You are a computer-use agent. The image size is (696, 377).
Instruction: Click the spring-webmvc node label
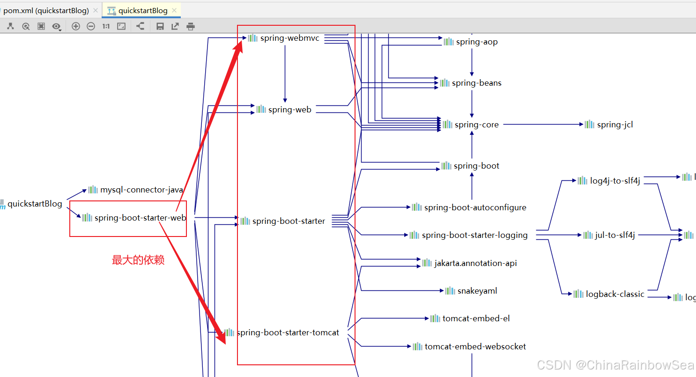(x=289, y=38)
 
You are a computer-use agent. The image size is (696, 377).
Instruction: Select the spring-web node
(x=289, y=110)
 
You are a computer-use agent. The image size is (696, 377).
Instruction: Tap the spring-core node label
(x=476, y=125)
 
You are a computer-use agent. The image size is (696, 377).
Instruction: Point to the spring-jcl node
(x=615, y=125)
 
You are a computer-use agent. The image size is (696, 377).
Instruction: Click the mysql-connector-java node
(x=141, y=190)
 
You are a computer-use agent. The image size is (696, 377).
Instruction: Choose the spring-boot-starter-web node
(x=140, y=218)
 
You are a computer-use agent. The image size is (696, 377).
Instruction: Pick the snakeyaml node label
(x=477, y=291)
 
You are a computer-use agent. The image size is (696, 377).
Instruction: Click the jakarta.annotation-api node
(x=475, y=263)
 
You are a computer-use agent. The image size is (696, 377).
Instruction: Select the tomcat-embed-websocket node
(x=475, y=347)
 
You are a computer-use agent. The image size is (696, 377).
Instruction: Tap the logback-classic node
(x=615, y=294)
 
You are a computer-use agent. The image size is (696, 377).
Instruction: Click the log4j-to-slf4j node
(x=615, y=181)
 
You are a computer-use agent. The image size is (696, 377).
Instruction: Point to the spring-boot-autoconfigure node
(x=474, y=207)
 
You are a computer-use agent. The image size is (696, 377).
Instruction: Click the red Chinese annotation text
(x=138, y=260)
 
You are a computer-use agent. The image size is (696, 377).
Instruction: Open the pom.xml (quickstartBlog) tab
(x=46, y=10)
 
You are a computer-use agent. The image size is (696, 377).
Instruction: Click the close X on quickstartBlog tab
(x=174, y=10)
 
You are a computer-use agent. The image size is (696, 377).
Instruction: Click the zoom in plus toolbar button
(x=75, y=26)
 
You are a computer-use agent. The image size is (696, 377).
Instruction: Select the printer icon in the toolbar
(x=190, y=26)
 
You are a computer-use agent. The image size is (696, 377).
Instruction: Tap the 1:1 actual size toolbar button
(x=106, y=26)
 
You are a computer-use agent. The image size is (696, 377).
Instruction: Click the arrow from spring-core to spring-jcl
(x=543, y=125)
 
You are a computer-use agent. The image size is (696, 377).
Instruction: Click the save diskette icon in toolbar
(x=160, y=26)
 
